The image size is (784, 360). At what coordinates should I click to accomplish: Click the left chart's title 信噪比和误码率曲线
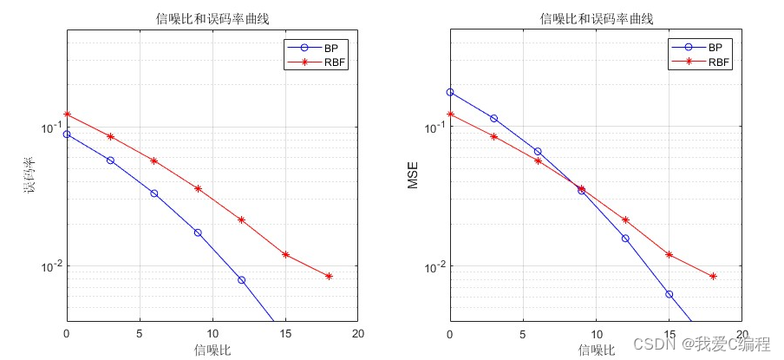pyautogui.click(x=212, y=19)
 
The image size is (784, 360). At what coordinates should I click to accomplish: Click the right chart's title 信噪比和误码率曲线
pyautogui.click(x=596, y=19)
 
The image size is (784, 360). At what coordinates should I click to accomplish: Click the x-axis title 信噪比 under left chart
pyautogui.click(x=212, y=350)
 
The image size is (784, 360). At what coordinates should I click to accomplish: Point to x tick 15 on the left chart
pyautogui.click(x=285, y=334)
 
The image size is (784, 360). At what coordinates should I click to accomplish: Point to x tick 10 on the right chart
pyautogui.click(x=596, y=334)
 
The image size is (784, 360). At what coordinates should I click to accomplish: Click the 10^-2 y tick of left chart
pyautogui.click(x=49, y=266)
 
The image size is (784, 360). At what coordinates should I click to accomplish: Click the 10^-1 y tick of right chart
pyautogui.click(x=431, y=128)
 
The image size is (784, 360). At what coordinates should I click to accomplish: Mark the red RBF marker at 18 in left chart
pyautogui.click(x=329, y=277)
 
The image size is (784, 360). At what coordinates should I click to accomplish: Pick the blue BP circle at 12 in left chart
pyautogui.click(x=241, y=280)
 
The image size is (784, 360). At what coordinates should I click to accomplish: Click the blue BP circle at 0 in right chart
pyautogui.click(x=450, y=92)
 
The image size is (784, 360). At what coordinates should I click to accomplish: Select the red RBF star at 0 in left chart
pyautogui.click(x=67, y=115)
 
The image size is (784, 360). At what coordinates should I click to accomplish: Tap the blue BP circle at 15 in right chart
pyautogui.click(x=670, y=294)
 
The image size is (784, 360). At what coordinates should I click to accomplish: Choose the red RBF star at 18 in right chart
pyautogui.click(x=713, y=277)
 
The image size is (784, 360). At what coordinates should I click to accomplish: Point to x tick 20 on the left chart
pyautogui.click(x=357, y=334)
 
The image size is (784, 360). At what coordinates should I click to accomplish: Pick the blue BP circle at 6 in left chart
pyautogui.click(x=154, y=193)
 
